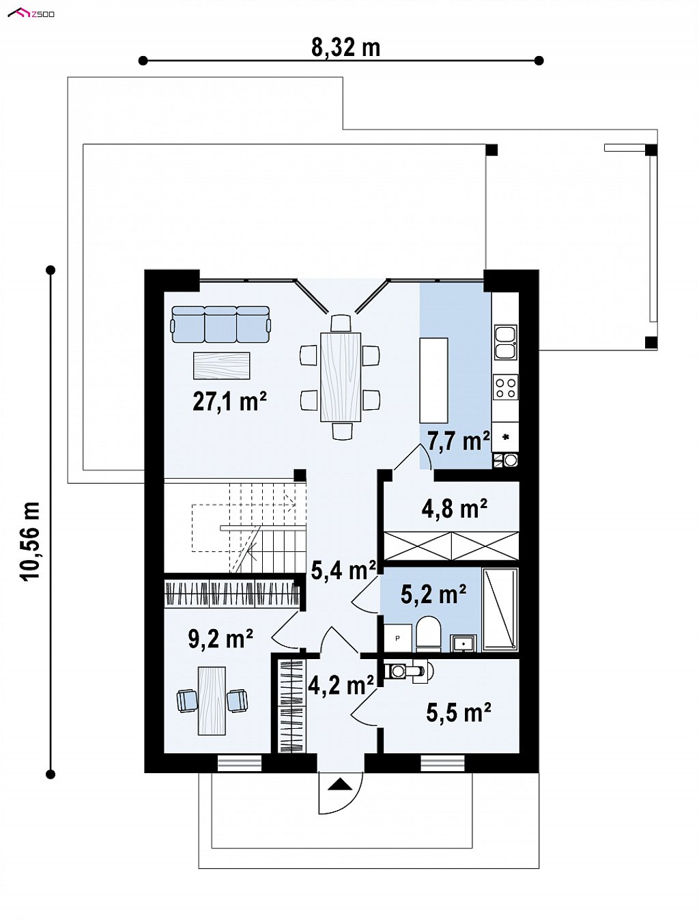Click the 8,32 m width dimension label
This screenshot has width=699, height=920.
coord(345,47)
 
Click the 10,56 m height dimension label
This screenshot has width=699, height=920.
coord(31,541)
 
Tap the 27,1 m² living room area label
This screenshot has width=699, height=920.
coord(229,401)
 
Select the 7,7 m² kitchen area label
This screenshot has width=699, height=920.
coord(458,441)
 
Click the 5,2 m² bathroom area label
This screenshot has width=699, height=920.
coord(433,594)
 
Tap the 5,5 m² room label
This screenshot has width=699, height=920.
coord(459,712)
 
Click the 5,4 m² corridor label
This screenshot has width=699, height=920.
coord(344,570)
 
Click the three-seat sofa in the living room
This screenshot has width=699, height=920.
coord(220,324)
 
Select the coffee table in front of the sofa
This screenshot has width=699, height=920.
coord(222,365)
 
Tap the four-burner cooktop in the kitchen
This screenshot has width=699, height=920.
coord(506,387)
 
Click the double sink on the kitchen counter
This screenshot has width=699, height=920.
coord(506,342)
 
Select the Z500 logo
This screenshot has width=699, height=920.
coord(31,14)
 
